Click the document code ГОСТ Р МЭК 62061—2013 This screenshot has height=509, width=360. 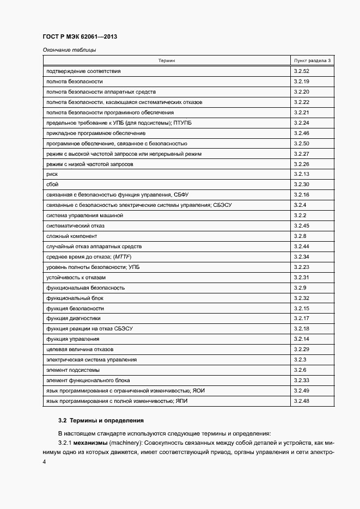pyautogui.click(x=80, y=36)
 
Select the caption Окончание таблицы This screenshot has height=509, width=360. pyautogui.click(x=69, y=51)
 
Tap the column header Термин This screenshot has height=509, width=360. pyautogui.click(x=167, y=61)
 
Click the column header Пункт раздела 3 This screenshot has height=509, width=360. pyautogui.click(x=312, y=61)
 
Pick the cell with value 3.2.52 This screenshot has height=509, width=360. pyautogui.click(x=302, y=71)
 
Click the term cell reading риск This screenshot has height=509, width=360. pyautogui.click(x=52, y=174)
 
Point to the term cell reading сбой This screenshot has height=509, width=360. pyautogui.click(x=53, y=185)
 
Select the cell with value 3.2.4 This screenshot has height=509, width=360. pyautogui.click(x=300, y=205)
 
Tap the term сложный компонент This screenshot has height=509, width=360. pyautogui.click(x=72, y=236)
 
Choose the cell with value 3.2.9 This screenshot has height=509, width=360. pyautogui.click(x=300, y=287)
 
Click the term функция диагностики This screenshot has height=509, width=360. pyautogui.click(x=74, y=318)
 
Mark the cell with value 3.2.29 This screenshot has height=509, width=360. pyautogui.click(x=302, y=349)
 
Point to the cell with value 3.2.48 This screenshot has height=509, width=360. pyautogui.click(x=302, y=401)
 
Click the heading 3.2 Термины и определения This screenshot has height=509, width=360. pyautogui.click(x=101, y=420)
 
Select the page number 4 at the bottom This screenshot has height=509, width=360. pyautogui.click(x=44, y=462)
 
